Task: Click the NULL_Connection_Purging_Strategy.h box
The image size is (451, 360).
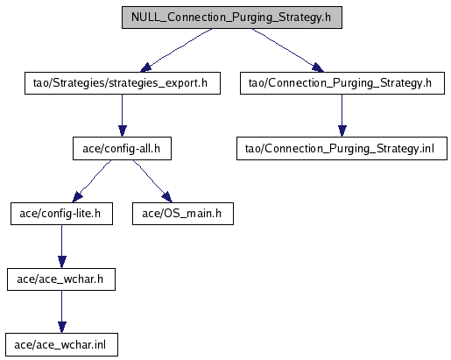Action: coord(232,18)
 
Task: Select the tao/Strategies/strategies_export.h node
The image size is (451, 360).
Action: coord(123,83)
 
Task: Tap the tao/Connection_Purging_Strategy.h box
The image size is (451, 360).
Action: coord(342,83)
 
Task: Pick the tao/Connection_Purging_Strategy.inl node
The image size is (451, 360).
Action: coord(342,148)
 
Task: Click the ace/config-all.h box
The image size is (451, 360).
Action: coord(122,148)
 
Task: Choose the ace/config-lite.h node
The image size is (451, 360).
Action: coord(61,214)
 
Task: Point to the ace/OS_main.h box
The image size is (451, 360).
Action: coord(183,214)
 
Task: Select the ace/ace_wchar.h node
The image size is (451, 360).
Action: coord(61,279)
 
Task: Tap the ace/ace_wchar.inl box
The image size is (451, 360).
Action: coord(61,344)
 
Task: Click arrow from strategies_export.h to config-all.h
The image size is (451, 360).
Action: coord(123,116)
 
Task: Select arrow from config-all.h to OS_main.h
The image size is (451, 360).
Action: coord(152,180)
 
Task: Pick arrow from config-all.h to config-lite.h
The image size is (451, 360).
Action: coord(91,181)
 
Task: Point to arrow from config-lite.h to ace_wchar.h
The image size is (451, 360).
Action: coord(61,246)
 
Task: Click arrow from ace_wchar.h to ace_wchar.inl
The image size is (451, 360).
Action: coord(61,312)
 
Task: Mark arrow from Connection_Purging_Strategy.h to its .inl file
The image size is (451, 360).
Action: coord(342,116)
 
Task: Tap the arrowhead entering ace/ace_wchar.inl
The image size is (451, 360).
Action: coord(61,327)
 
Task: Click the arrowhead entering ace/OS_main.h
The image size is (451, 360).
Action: coord(167,197)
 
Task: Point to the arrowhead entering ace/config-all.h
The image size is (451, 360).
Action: coord(123,131)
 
